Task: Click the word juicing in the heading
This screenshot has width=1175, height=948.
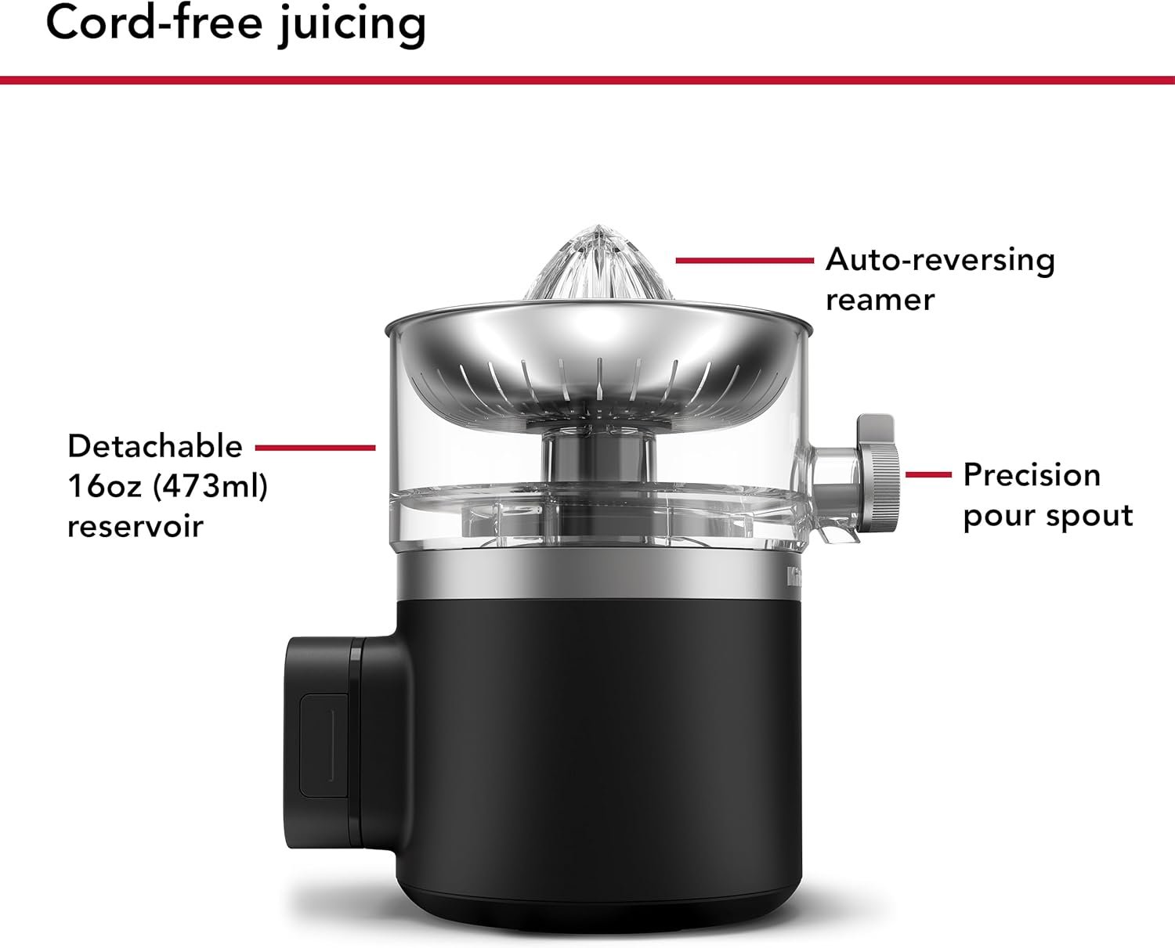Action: pyautogui.click(x=352, y=27)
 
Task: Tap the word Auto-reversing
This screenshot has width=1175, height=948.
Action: pyautogui.click(x=940, y=260)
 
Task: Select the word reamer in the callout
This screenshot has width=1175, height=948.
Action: pyautogui.click(x=880, y=301)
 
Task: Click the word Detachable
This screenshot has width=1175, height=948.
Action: pyautogui.click(x=155, y=446)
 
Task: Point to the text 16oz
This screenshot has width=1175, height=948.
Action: pyautogui.click(x=104, y=486)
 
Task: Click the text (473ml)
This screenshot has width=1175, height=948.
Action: pyautogui.click(x=210, y=487)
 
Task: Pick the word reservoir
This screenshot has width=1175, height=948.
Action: pyautogui.click(x=136, y=526)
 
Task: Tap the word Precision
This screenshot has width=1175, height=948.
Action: pyautogui.click(x=1032, y=475)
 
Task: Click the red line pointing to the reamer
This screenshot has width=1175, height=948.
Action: pyautogui.click(x=745, y=261)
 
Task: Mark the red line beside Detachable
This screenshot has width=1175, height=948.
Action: pyautogui.click(x=316, y=448)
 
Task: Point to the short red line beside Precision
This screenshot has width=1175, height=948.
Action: pyautogui.click(x=928, y=474)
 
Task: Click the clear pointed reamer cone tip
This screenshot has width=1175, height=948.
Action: pyautogui.click(x=599, y=226)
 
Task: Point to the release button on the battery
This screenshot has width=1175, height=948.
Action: pyautogui.click(x=324, y=744)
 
